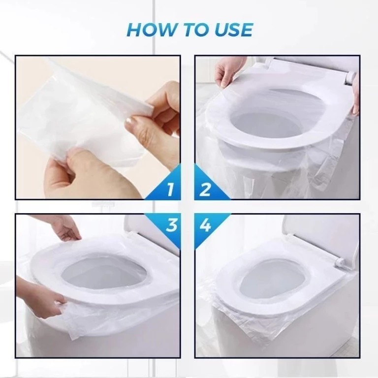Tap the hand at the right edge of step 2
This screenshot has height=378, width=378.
click(x=355, y=94)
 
